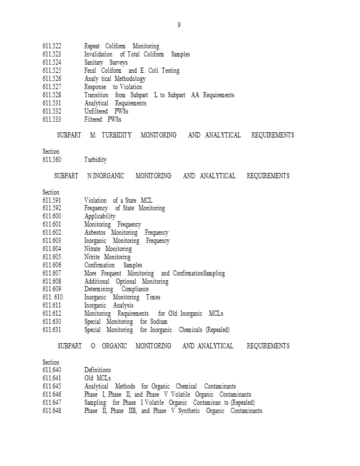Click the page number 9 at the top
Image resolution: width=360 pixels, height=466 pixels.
(x=179, y=25)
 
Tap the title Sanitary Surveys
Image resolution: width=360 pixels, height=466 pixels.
(x=105, y=62)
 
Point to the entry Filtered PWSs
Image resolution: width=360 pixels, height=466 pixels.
(x=103, y=119)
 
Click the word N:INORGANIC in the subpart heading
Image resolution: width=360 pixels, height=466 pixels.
(x=104, y=176)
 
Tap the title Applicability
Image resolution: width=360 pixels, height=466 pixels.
(x=100, y=216)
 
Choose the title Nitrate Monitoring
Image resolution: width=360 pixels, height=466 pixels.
(x=108, y=249)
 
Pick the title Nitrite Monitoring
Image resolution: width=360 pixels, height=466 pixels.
(x=107, y=257)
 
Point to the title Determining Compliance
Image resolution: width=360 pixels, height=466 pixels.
(x=116, y=289)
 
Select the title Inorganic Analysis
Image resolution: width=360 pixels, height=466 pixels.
(x=108, y=305)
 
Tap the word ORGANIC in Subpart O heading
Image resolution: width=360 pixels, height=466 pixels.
(x=114, y=346)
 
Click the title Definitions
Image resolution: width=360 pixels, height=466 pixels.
(x=97, y=370)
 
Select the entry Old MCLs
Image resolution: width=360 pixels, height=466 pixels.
(x=97, y=378)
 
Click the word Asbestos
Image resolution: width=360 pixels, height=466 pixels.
(x=95, y=232)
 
